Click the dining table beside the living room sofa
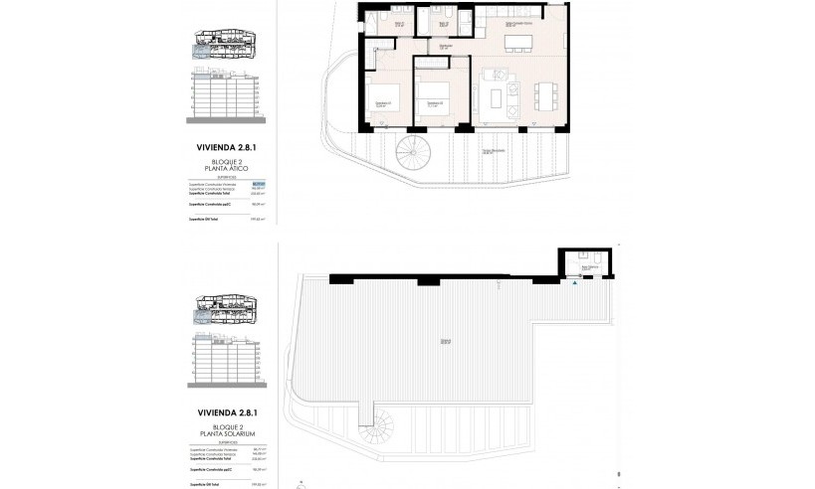pyautogui.click(x=542, y=95)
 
